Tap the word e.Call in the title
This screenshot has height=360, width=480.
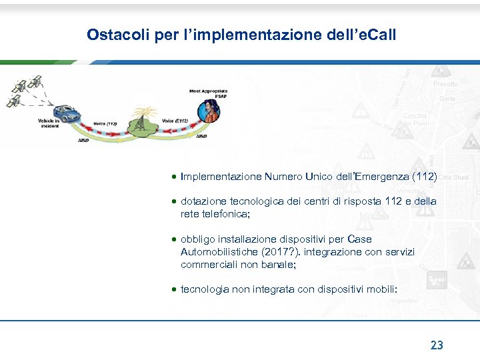point(377,34)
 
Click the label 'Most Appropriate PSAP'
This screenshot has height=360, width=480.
point(208,93)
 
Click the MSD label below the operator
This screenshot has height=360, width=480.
point(201,137)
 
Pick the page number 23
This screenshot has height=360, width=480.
point(437,345)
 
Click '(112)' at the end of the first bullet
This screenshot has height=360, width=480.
point(425,177)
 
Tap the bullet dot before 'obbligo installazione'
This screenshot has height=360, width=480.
point(173,239)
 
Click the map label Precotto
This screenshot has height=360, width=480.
point(445,84)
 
